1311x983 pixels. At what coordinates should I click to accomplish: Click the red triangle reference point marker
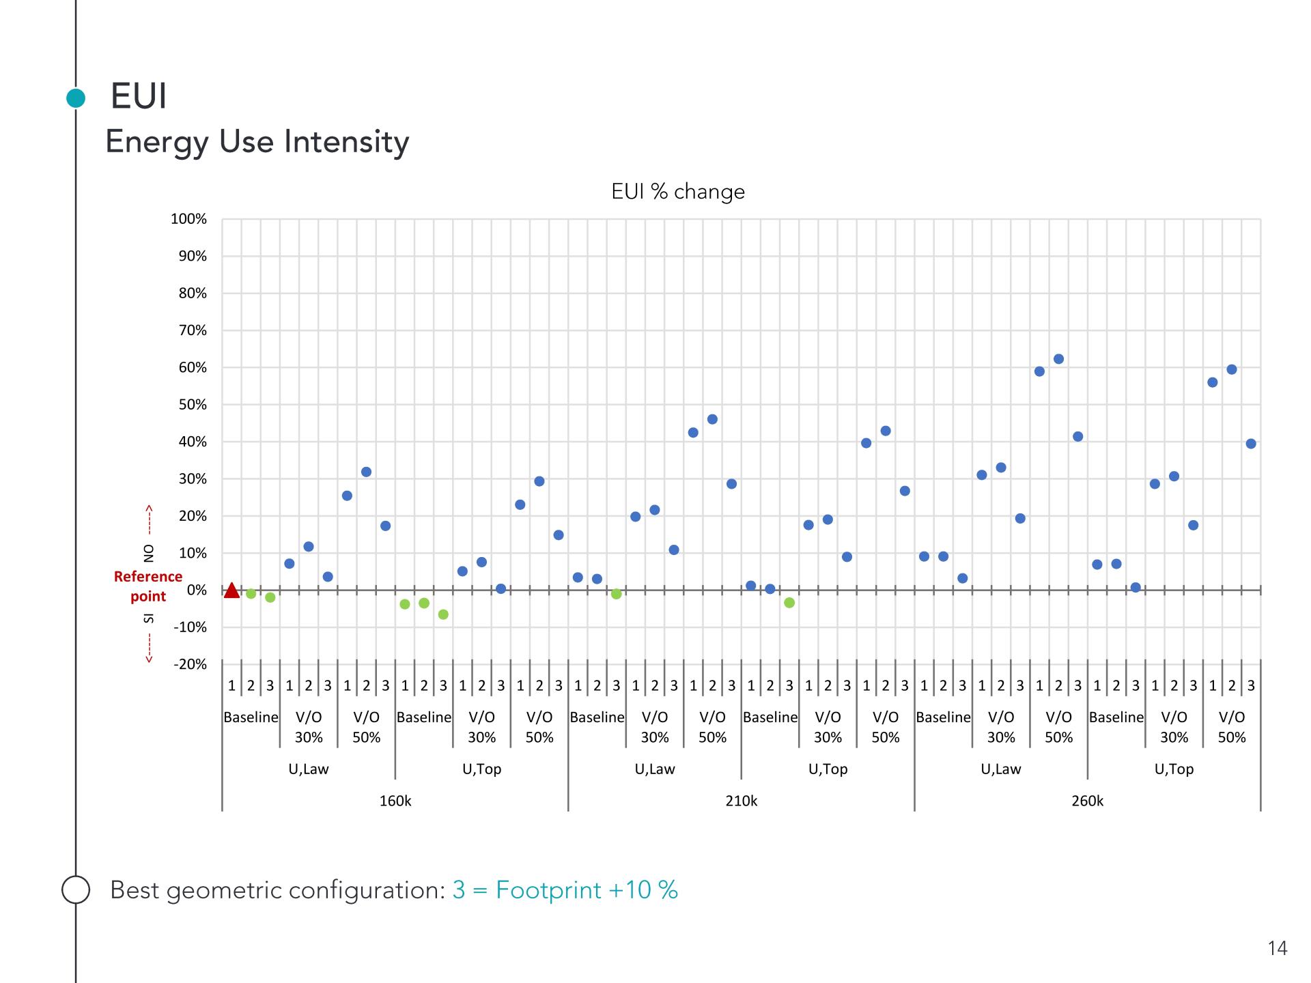tap(231, 590)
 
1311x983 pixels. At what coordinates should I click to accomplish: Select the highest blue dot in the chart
tap(1058, 359)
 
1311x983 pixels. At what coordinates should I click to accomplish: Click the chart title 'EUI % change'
tap(677, 192)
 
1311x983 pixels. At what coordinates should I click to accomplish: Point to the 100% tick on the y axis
tap(188, 219)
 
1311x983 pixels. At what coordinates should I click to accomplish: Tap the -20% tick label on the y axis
tap(190, 664)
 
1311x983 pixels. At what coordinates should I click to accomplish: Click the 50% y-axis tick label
tap(193, 405)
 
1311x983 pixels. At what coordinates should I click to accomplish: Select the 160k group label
tap(395, 801)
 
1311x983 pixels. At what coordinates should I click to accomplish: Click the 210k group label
tap(741, 801)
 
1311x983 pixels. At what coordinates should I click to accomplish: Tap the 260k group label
tap(1087, 801)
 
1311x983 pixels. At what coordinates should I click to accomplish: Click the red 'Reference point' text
tap(148, 586)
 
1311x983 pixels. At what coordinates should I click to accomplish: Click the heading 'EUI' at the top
tap(139, 96)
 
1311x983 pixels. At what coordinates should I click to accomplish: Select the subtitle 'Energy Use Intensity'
tap(257, 142)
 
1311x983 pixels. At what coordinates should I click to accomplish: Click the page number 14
tap(1277, 948)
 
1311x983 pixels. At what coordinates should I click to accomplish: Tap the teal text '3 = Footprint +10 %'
tap(565, 890)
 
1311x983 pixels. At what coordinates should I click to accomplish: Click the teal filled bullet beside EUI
tap(76, 98)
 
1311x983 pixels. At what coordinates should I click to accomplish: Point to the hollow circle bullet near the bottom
tap(76, 889)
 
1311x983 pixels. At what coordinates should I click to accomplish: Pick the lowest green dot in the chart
tap(443, 614)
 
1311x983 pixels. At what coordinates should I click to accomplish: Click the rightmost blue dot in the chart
tap(1251, 444)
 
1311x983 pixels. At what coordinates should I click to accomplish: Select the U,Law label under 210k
tap(654, 769)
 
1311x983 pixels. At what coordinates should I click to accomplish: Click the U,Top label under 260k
tap(1174, 769)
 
